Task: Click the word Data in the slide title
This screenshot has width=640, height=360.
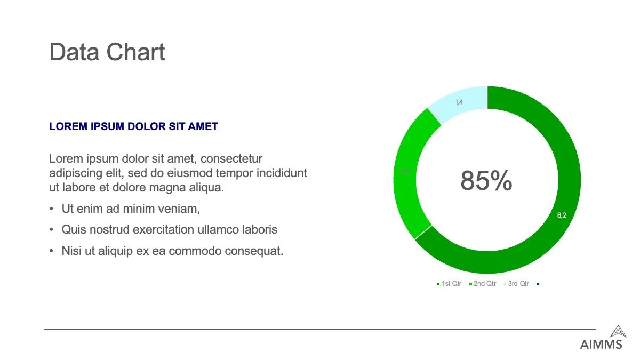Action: pos(74,52)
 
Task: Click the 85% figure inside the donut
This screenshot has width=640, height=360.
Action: pos(486,181)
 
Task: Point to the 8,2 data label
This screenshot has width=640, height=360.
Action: pos(562,215)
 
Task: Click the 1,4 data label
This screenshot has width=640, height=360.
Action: pos(459,102)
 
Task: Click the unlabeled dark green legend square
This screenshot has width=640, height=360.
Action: pos(538,284)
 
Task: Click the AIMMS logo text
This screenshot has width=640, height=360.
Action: pos(601,345)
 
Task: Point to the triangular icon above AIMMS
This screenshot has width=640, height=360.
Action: pos(618,331)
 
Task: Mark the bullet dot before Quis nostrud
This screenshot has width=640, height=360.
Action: pos(51,230)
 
